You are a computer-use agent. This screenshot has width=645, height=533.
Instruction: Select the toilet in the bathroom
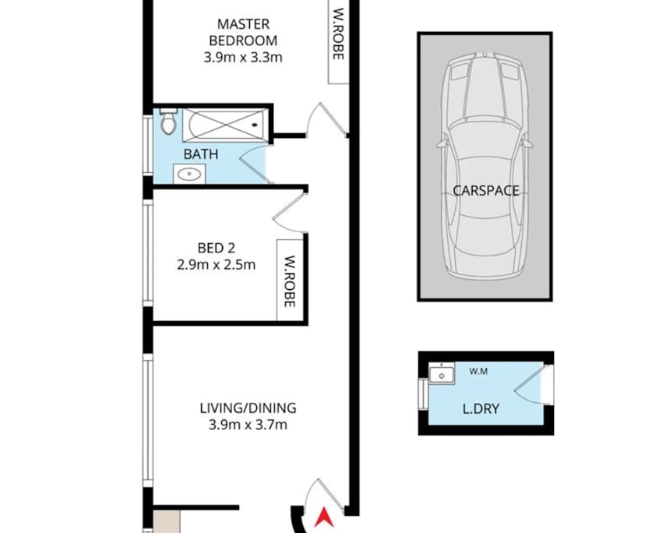click(167, 122)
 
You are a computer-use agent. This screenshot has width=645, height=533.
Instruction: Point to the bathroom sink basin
click(189, 175)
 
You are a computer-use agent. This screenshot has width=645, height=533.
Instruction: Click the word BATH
click(200, 154)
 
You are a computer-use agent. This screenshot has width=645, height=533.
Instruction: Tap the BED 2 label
click(216, 249)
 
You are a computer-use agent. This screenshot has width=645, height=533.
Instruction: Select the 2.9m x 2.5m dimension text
click(216, 265)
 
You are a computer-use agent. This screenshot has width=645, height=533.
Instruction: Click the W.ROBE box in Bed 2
click(288, 281)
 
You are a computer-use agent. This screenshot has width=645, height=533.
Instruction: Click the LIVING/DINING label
click(248, 408)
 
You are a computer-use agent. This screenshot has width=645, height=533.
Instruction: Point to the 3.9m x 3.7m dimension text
click(248, 425)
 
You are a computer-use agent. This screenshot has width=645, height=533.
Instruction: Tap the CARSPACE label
click(485, 190)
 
